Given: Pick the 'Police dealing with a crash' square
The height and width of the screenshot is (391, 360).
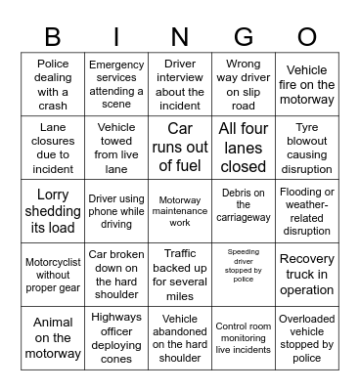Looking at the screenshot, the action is tap(53, 85).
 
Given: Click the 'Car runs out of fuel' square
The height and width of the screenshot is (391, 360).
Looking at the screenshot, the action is tap(180, 148).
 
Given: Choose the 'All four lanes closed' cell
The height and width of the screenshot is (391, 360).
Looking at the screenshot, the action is tap(244, 148).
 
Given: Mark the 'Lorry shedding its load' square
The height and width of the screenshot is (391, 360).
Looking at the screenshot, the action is tap(53, 211).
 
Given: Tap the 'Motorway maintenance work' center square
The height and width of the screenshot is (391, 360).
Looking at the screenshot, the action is tap(180, 211).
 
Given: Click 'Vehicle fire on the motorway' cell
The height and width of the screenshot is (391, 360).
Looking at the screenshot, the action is tap(307, 85).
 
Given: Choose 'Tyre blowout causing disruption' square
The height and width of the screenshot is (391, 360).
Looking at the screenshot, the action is tap(307, 148).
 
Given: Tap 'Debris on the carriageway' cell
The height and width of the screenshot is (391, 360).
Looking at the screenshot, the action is tap(244, 211).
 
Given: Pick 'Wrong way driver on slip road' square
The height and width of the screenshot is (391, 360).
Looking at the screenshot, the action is tap(244, 85).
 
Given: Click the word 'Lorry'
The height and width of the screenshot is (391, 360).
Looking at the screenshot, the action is tap(53, 195).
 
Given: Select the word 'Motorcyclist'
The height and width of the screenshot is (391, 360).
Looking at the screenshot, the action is tap(53, 261).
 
